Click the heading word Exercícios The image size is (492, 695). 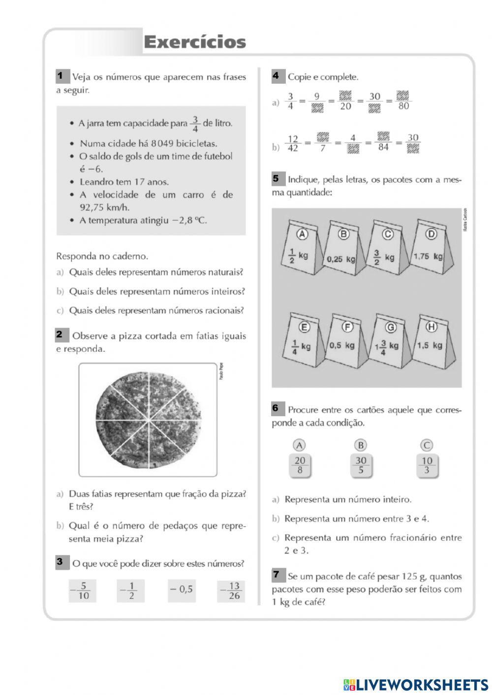(x=195, y=42)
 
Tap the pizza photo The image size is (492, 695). (x=148, y=420)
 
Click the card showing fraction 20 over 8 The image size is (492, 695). (x=300, y=465)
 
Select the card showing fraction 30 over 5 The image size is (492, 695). (x=361, y=465)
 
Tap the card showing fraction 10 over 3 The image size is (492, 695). (x=427, y=465)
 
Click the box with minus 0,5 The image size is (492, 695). (x=181, y=589)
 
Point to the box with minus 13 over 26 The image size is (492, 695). (x=231, y=591)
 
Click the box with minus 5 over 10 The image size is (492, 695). (x=82, y=591)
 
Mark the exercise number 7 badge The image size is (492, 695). (x=277, y=574)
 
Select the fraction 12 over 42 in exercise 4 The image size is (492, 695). (x=293, y=144)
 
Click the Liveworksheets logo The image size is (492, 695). (x=416, y=684)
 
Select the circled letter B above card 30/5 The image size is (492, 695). (x=361, y=445)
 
